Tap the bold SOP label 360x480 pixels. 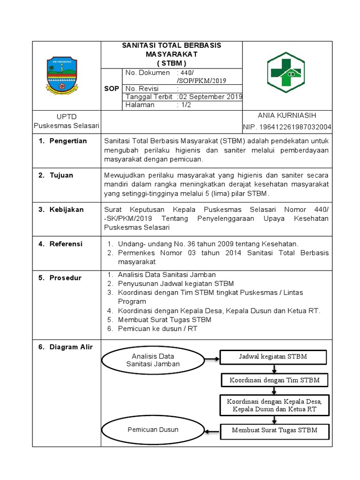click(x=111, y=89)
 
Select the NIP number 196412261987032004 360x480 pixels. click(x=287, y=127)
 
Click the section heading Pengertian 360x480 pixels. click(x=68, y=141)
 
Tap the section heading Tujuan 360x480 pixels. click(x=61, y=175)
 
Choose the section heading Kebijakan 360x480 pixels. click(x=67, y=210)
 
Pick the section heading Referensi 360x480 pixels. click(x=66, y=244)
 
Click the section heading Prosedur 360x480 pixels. click(x=65, y=277)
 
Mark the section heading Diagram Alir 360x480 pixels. click(x=71, y=347)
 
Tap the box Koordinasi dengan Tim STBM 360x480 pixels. click(x=274, y=380)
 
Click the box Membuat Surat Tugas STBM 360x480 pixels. click(x=274, y=430)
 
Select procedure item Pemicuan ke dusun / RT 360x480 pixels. click(x=157, y=329)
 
